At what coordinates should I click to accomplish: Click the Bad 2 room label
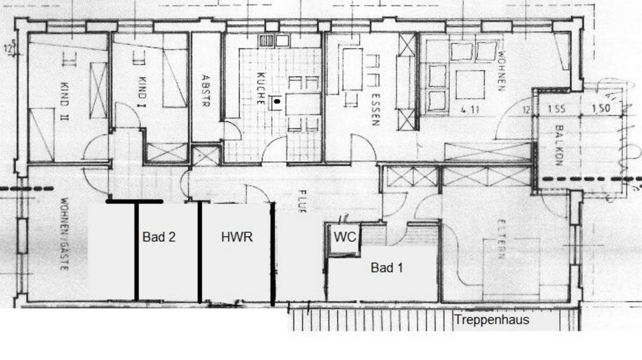tap(158, 236)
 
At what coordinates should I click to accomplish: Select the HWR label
tap(237, 236)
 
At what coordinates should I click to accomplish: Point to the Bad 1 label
tap(387, 268)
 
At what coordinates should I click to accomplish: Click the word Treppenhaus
tap(492, 320)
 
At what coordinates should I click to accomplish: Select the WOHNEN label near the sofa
tap(500, 71)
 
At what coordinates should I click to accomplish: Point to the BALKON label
tap(557, 147)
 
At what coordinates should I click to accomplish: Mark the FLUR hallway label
tap(301, 199)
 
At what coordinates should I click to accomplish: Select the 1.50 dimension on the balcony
tap(599, 108)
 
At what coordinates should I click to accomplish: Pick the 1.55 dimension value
tap(556, 108)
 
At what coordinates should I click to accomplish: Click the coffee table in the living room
tap(471, 82)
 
